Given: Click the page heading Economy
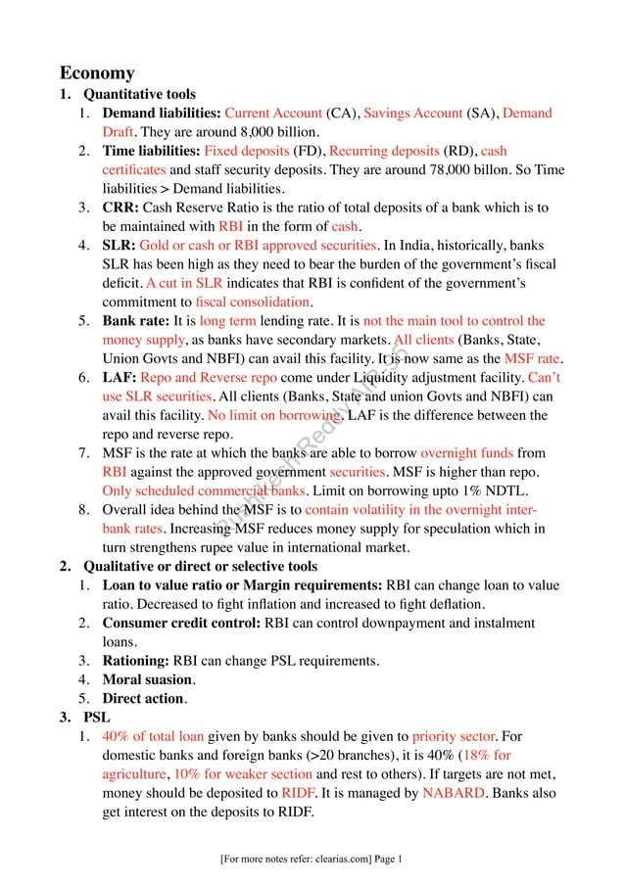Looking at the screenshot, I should click(x=97, y=73).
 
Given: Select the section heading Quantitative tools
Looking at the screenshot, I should click(x=139, y=96).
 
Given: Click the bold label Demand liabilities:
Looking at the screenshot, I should click(x=162, y=114).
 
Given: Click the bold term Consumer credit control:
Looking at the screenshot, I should click(x=181, y=623).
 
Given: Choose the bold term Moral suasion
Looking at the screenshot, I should click(x=147, y=679).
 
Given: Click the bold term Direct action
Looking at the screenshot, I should click(x=143, y=698).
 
